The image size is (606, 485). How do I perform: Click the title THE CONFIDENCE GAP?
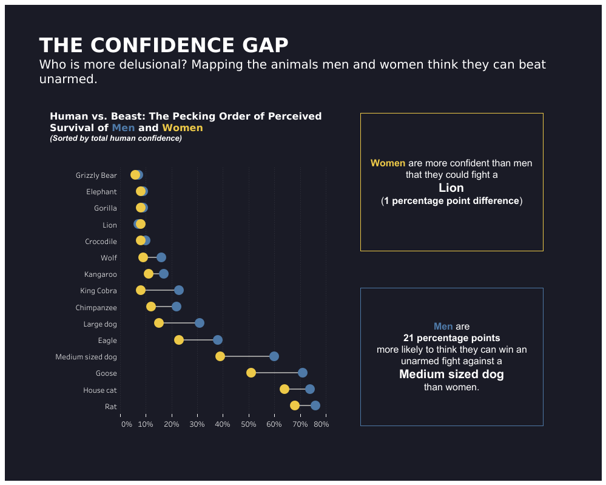(164, 46)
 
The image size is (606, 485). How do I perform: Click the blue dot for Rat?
(315, 405)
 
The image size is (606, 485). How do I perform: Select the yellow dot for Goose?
(251, 373)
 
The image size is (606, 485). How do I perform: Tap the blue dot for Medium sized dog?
(274, 356)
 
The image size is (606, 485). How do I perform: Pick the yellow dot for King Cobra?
(141, 290)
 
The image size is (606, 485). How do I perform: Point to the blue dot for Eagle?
(218, 340)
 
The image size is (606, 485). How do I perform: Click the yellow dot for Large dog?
(159, 323)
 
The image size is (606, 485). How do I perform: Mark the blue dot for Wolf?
(161, 257)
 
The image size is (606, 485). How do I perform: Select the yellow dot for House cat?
(284, 389)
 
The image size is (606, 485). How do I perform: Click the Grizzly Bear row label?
(96, 176)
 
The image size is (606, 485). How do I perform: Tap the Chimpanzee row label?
(96, 308)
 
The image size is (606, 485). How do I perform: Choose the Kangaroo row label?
(101, 274)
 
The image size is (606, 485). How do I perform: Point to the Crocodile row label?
(101, 242)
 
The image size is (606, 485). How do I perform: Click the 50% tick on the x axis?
(249, 424)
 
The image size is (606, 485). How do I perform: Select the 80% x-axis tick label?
(323, 424)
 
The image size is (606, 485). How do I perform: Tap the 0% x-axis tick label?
(126, 424)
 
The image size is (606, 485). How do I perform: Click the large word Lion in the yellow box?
(451, 188)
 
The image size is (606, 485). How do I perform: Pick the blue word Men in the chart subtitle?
(123, 128)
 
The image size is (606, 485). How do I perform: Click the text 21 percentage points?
(452, 338)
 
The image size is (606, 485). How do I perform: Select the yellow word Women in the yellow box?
(388, 163)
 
